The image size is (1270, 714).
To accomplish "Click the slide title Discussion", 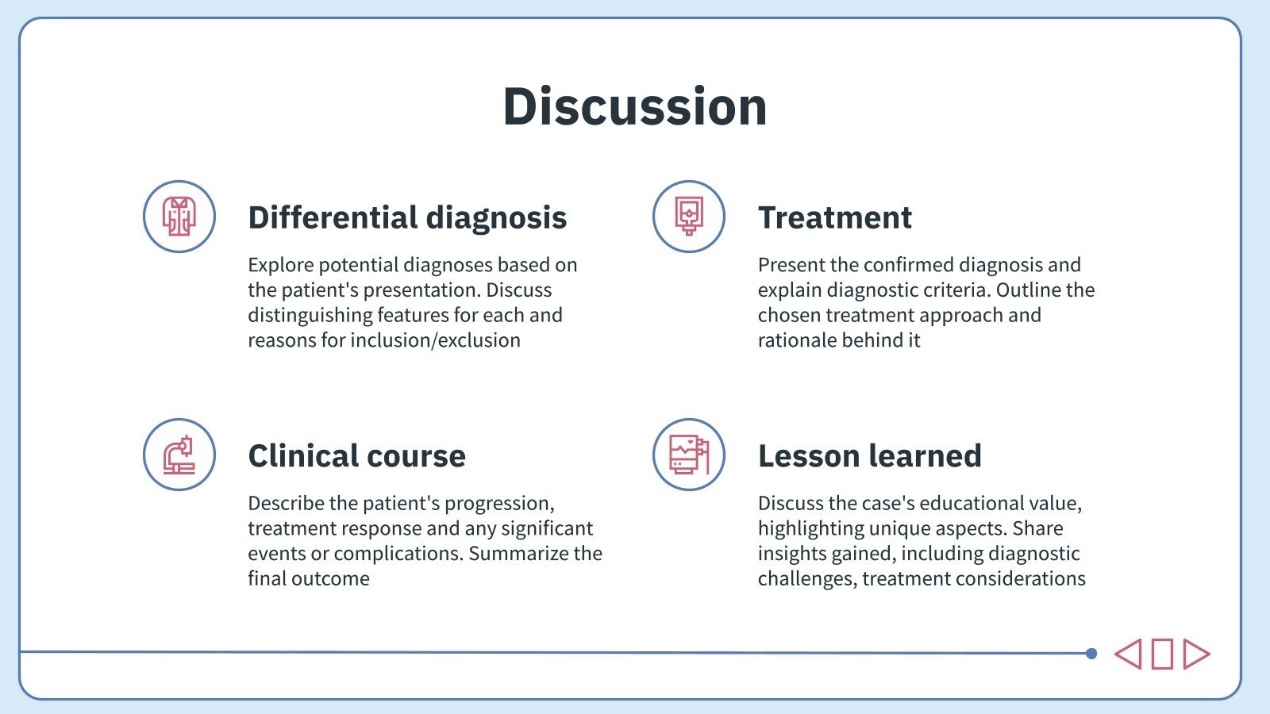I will click(635, 106).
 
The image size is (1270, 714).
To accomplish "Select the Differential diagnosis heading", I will click(407, 217).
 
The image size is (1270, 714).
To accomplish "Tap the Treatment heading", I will click(834, 217).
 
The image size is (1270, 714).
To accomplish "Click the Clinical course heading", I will click(356, 456).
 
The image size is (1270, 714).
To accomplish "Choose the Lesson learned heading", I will click(869, 456).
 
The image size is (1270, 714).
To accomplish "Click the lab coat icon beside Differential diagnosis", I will click(179, 217).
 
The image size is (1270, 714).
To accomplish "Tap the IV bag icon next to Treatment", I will click(688, 217).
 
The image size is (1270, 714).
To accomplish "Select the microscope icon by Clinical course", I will click(179, 455).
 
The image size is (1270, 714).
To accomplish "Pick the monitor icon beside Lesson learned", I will click(688, 455).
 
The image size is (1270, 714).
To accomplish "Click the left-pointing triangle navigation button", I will click(1129, 654).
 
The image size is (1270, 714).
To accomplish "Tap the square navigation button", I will click(1162, 654).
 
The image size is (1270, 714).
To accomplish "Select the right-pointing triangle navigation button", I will click(1195, 654).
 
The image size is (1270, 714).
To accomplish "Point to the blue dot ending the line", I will click(1091, 654).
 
